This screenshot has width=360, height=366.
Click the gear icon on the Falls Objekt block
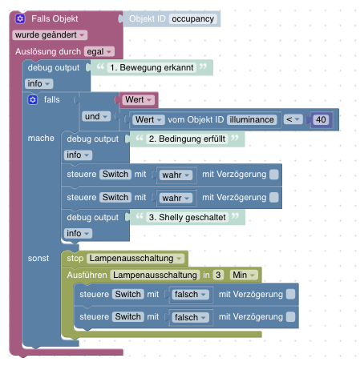pos(20,18)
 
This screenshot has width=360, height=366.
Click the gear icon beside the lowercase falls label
pos(33,100)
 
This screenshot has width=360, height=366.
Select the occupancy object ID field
pos(192,19)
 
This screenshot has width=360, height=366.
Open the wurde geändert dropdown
pos(50,35)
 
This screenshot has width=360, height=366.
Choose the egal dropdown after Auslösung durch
pos(99,51)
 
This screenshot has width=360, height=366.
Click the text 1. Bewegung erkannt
pos(152,67)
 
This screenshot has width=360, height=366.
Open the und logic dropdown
pos(96,116)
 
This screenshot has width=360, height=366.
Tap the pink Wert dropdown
pos(139,100)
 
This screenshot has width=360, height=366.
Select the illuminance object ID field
pos(252,119)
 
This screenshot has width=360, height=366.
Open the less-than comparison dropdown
pos(293,119)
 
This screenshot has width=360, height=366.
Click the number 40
pos(321,119)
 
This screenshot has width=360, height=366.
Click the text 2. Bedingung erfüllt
pos(187,139)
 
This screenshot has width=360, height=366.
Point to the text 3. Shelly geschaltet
pos(187,217)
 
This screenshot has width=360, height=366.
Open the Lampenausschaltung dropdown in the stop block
pos(136,259)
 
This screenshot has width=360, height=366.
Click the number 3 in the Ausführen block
pos(218,275)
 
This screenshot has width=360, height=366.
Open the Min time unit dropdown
pos(244,275)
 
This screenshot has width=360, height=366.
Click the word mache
pos(41,138)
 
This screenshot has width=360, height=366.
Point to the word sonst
pos(38,258)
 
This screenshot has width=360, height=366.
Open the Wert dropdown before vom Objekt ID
pos(148,119)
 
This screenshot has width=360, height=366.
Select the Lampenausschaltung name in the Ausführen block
pos(155,275)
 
